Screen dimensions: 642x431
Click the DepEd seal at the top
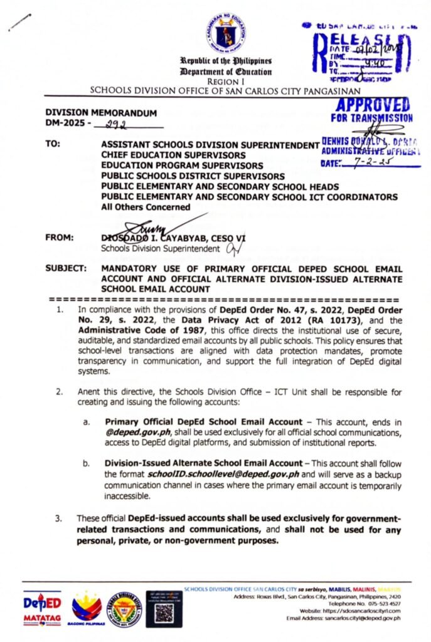pos(226,33)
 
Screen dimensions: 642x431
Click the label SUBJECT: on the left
pos(65,269)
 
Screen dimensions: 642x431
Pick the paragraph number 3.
pos(59,519)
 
